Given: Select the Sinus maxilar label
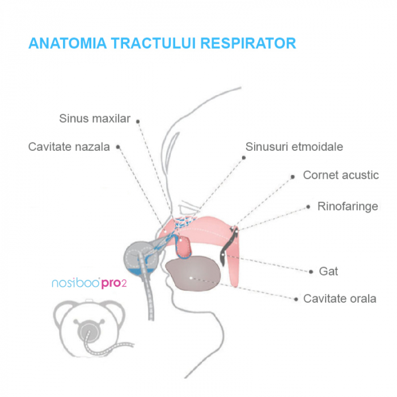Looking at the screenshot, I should (95, 119).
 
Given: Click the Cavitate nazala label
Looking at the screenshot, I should (69, 147).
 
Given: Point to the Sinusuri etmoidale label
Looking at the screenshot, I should (294, 147).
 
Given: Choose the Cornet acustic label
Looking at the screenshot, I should (340, 175).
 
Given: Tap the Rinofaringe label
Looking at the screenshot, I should (347, 206).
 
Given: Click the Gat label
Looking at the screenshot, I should (328, 271).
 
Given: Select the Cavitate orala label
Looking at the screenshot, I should (339, 298).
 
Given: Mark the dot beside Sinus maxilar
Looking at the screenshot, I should (137, 121).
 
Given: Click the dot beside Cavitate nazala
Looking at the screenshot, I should (118, 146).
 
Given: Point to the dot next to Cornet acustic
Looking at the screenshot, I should (293, 176).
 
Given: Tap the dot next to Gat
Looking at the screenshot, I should (311, 272).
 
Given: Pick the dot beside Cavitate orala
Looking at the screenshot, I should (295, 299).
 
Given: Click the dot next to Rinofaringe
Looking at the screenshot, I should (308, 206).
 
